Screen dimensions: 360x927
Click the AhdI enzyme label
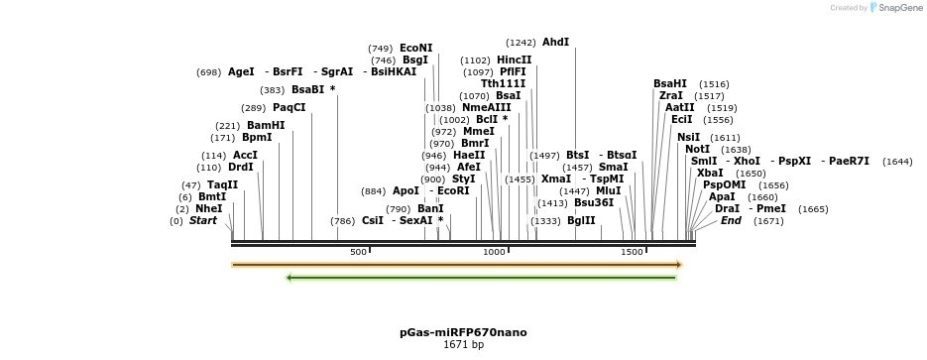555,43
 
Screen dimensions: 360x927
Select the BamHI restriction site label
265,126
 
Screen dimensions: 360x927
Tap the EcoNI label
415,48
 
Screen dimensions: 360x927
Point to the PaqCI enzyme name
289,108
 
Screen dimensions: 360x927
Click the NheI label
208,209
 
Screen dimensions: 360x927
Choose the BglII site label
581,220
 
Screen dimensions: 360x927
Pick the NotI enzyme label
697,150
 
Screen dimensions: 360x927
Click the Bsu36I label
594,202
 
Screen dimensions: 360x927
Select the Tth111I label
503,84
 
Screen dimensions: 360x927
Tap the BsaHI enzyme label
669,84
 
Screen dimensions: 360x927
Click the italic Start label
202,220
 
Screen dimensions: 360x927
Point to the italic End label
730,220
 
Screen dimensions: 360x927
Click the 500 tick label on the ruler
358,253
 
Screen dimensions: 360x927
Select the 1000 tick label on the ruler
494,253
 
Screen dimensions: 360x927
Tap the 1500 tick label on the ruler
632,253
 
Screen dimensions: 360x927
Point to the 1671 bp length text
463,345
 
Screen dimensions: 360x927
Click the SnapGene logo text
897,8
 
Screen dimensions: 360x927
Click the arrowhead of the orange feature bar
679,265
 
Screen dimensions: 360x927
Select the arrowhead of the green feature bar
289,278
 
